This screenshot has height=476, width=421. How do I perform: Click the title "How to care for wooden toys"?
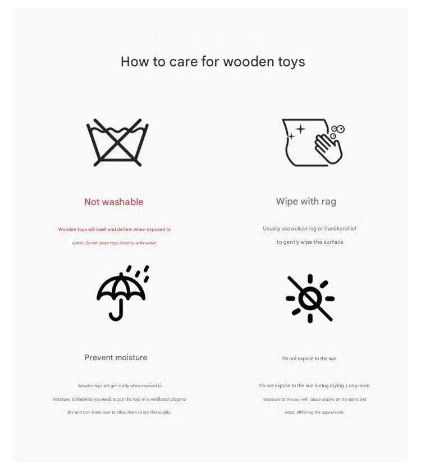pos(213,61)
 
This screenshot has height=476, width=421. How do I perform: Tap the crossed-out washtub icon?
pos(117,143)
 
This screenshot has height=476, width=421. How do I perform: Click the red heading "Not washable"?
pos(114,202)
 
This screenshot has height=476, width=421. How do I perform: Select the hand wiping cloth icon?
pos(313,143)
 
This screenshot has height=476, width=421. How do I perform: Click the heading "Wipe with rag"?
pos(306,201)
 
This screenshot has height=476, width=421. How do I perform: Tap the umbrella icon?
pos(122,292)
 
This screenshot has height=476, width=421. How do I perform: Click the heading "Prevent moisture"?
pos(116,357)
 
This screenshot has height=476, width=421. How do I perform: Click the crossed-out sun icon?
pos(310,298)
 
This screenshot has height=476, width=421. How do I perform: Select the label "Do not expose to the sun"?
pos(309,359)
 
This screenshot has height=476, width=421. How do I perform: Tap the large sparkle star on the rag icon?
pos(300,129)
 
